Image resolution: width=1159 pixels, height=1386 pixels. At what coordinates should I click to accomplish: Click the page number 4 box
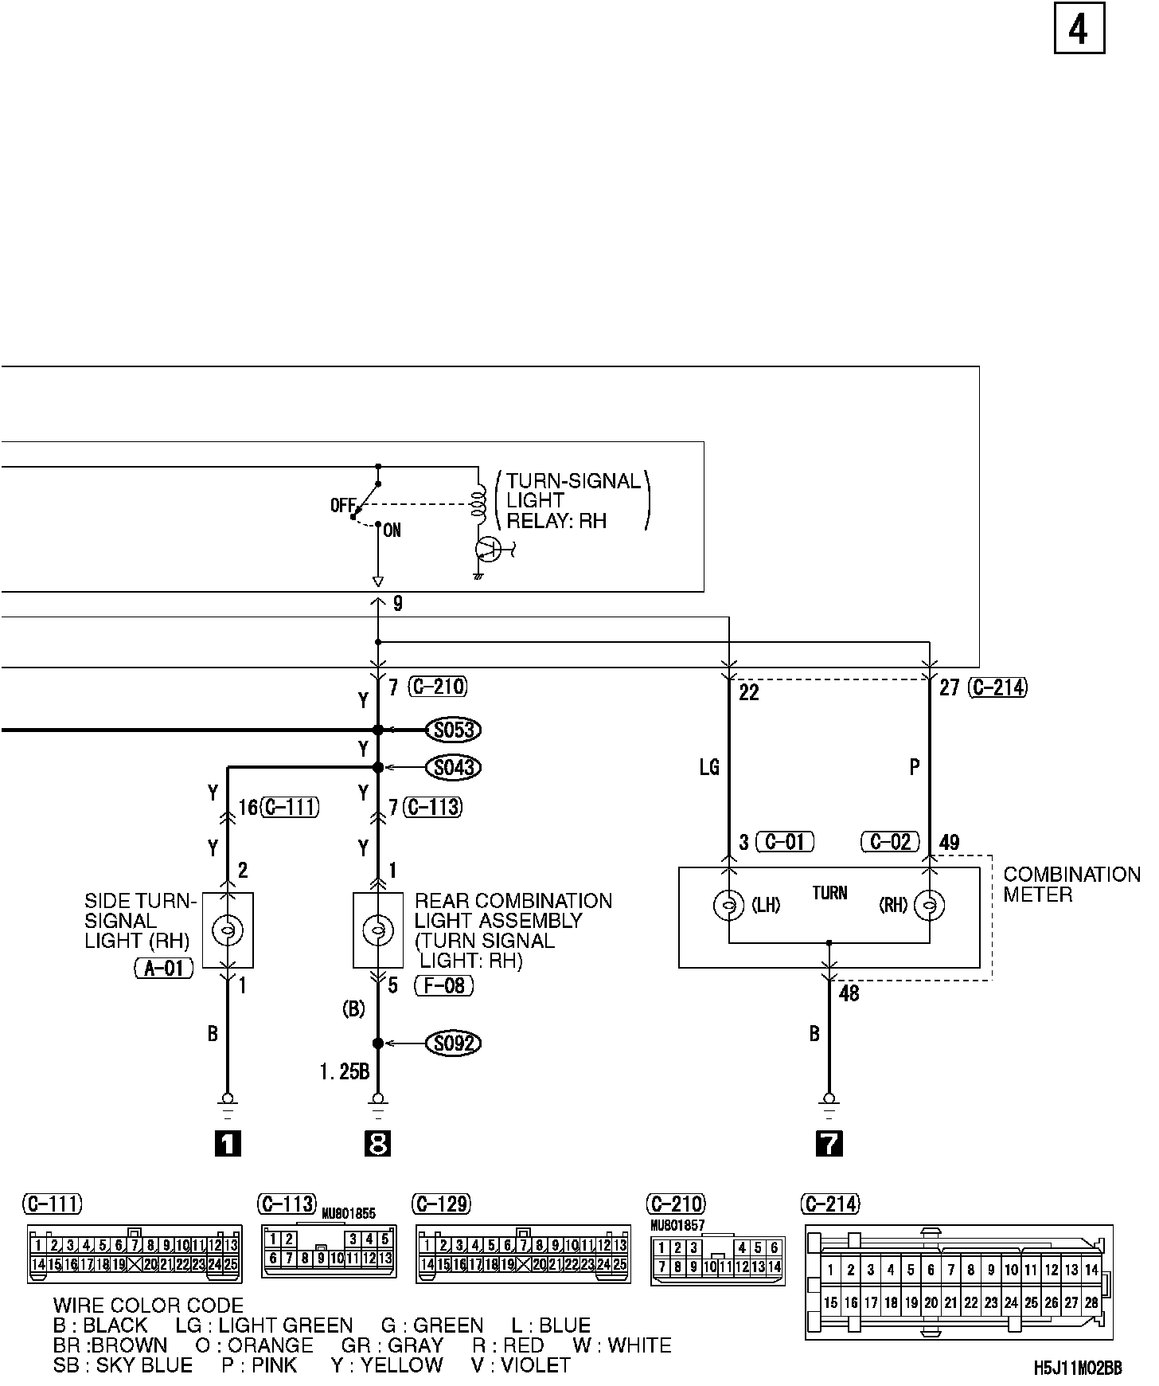click(x=1079, y=30)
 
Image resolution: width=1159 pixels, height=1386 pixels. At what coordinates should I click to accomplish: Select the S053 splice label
click(x=454, y=730)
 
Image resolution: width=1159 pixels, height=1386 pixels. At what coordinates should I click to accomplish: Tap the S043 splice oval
click(x=454, y=768)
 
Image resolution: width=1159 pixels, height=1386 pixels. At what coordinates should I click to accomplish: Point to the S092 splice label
click(x=454, y=1043)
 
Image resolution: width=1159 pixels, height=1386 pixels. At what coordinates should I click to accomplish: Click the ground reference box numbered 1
click(x=228, y=1145)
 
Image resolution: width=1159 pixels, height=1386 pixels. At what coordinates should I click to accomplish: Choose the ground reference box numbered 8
click(x=378, y=1145)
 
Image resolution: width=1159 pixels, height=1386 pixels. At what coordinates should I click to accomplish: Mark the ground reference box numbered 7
click(x=829, y=1145)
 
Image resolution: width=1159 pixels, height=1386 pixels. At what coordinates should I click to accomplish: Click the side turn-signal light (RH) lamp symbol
click(x=228, y=930)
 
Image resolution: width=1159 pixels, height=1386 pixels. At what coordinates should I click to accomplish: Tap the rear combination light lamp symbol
click(x=378, y=930)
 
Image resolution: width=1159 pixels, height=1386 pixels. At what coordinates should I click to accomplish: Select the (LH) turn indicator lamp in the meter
click(x=729, y=906)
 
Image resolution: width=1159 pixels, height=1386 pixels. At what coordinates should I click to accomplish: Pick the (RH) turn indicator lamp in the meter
click(x=929, y=906)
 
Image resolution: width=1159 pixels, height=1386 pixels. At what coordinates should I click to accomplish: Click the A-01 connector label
click(x=164, y=969)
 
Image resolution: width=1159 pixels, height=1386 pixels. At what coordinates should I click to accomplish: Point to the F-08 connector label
click(x=444, y=986)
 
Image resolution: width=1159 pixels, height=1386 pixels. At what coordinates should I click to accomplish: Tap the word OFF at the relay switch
click(x=341, y=506)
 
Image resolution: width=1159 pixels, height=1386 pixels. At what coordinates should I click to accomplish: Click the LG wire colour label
click(x=709, y=767)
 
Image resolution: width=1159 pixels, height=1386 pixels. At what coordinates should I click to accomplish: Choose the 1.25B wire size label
click(x=345, y=1072)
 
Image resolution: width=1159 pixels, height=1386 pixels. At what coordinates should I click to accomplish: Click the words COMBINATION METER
click(x=1071, y=885)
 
